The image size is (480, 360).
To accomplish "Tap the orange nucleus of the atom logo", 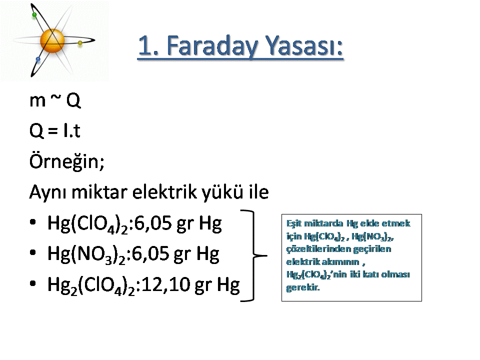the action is point(52,40).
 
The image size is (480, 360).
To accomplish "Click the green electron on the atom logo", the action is point(34,15).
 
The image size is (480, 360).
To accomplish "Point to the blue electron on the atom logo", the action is point(38,59).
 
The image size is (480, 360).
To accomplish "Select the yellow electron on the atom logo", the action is point(80,43).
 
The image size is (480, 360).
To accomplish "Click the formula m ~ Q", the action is point(55,100).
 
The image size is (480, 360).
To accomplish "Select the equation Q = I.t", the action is point(55,130).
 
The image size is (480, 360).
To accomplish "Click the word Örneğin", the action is point(66,161).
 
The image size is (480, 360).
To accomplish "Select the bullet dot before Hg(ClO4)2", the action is point(33,222).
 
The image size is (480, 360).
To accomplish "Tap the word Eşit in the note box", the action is point(293,223).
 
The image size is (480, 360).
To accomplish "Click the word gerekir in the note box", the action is point(303,287).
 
